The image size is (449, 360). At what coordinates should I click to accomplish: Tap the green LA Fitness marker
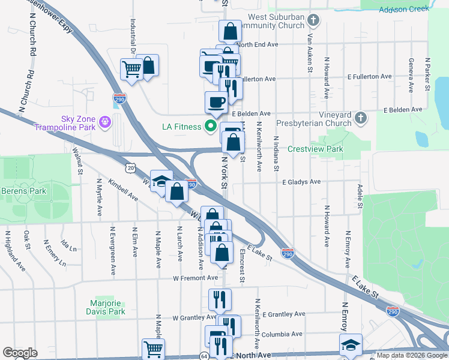[210, 127]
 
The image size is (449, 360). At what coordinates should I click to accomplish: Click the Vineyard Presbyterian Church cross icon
[360, 118]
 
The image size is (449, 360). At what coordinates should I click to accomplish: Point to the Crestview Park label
[315, 149]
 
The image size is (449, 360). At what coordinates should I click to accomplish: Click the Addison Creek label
[403, 8]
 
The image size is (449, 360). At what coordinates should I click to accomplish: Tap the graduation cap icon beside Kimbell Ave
[160, 181]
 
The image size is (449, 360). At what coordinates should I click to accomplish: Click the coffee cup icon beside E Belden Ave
[216, 101]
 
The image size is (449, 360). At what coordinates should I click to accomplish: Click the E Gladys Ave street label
[302, 182]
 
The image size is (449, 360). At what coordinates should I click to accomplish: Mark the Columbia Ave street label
[282, 334]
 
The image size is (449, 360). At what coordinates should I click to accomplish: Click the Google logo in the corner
[20, 353]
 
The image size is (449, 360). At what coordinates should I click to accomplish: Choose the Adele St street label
[360, 197]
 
